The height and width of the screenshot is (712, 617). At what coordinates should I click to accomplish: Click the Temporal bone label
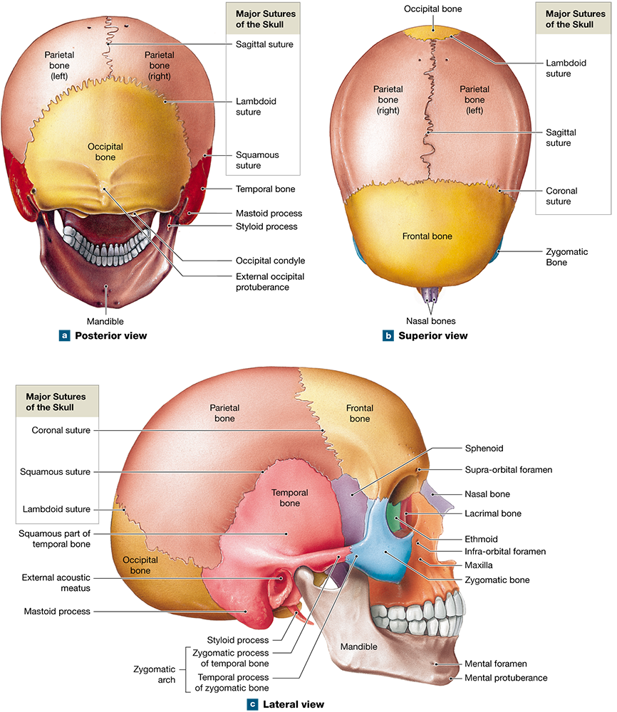[285, 498]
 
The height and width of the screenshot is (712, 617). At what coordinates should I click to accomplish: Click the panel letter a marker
[65, 335]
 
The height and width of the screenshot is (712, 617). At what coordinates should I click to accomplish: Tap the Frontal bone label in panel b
[427, 236]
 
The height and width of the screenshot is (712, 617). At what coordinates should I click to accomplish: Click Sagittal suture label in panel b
[561, 137]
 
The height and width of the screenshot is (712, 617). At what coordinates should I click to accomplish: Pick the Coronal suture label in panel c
[61, 430]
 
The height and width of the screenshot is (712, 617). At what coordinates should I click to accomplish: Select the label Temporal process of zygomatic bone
[233, 683]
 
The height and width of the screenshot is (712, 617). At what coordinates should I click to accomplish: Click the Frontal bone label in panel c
[360, 414]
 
